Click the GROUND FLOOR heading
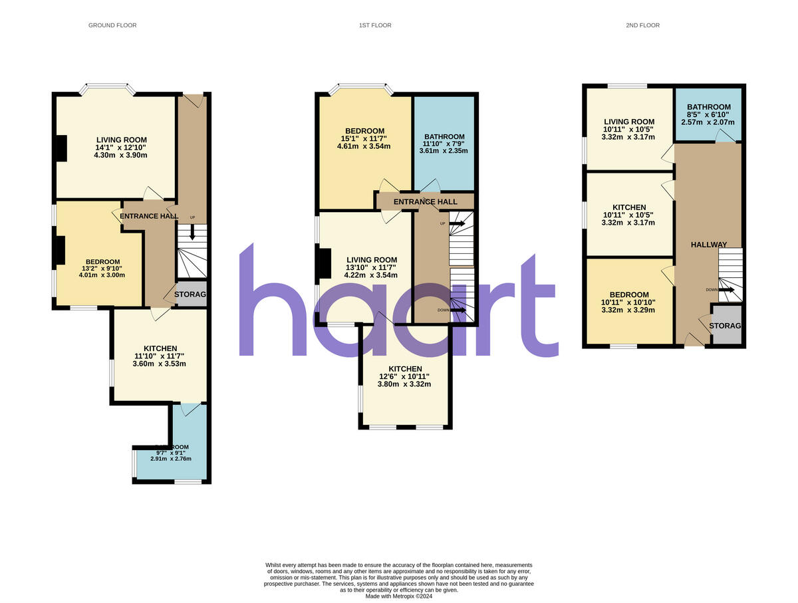pyautogui.click(x=112, y=25)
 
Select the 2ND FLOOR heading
pyautogui.click(x=643, y=25)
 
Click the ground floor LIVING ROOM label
pyautogui.click(x=121, y=140)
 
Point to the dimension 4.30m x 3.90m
pyautogui.click(x=121, y=155)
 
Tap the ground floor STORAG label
pyautogui.click(x=191, y=295)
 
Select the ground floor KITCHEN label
pyautogui.click(x=160, y=348)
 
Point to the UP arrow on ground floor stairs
pyautogui.click(x=192, y=232)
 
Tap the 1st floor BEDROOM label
pyautogui.click(x=364, y=130)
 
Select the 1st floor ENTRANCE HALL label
pyautogui.click(x=426, y=201)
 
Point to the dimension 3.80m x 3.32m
pyautogui.click(x=404, y=384)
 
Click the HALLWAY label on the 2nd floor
pyautogui.click(x=708, y=245)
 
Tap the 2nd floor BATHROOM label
pyautogui.click(x=708, y=107)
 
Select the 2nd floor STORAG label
pyautogui.click(x=725, y=326)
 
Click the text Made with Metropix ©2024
pyautogui.click(x=399, y=596)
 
